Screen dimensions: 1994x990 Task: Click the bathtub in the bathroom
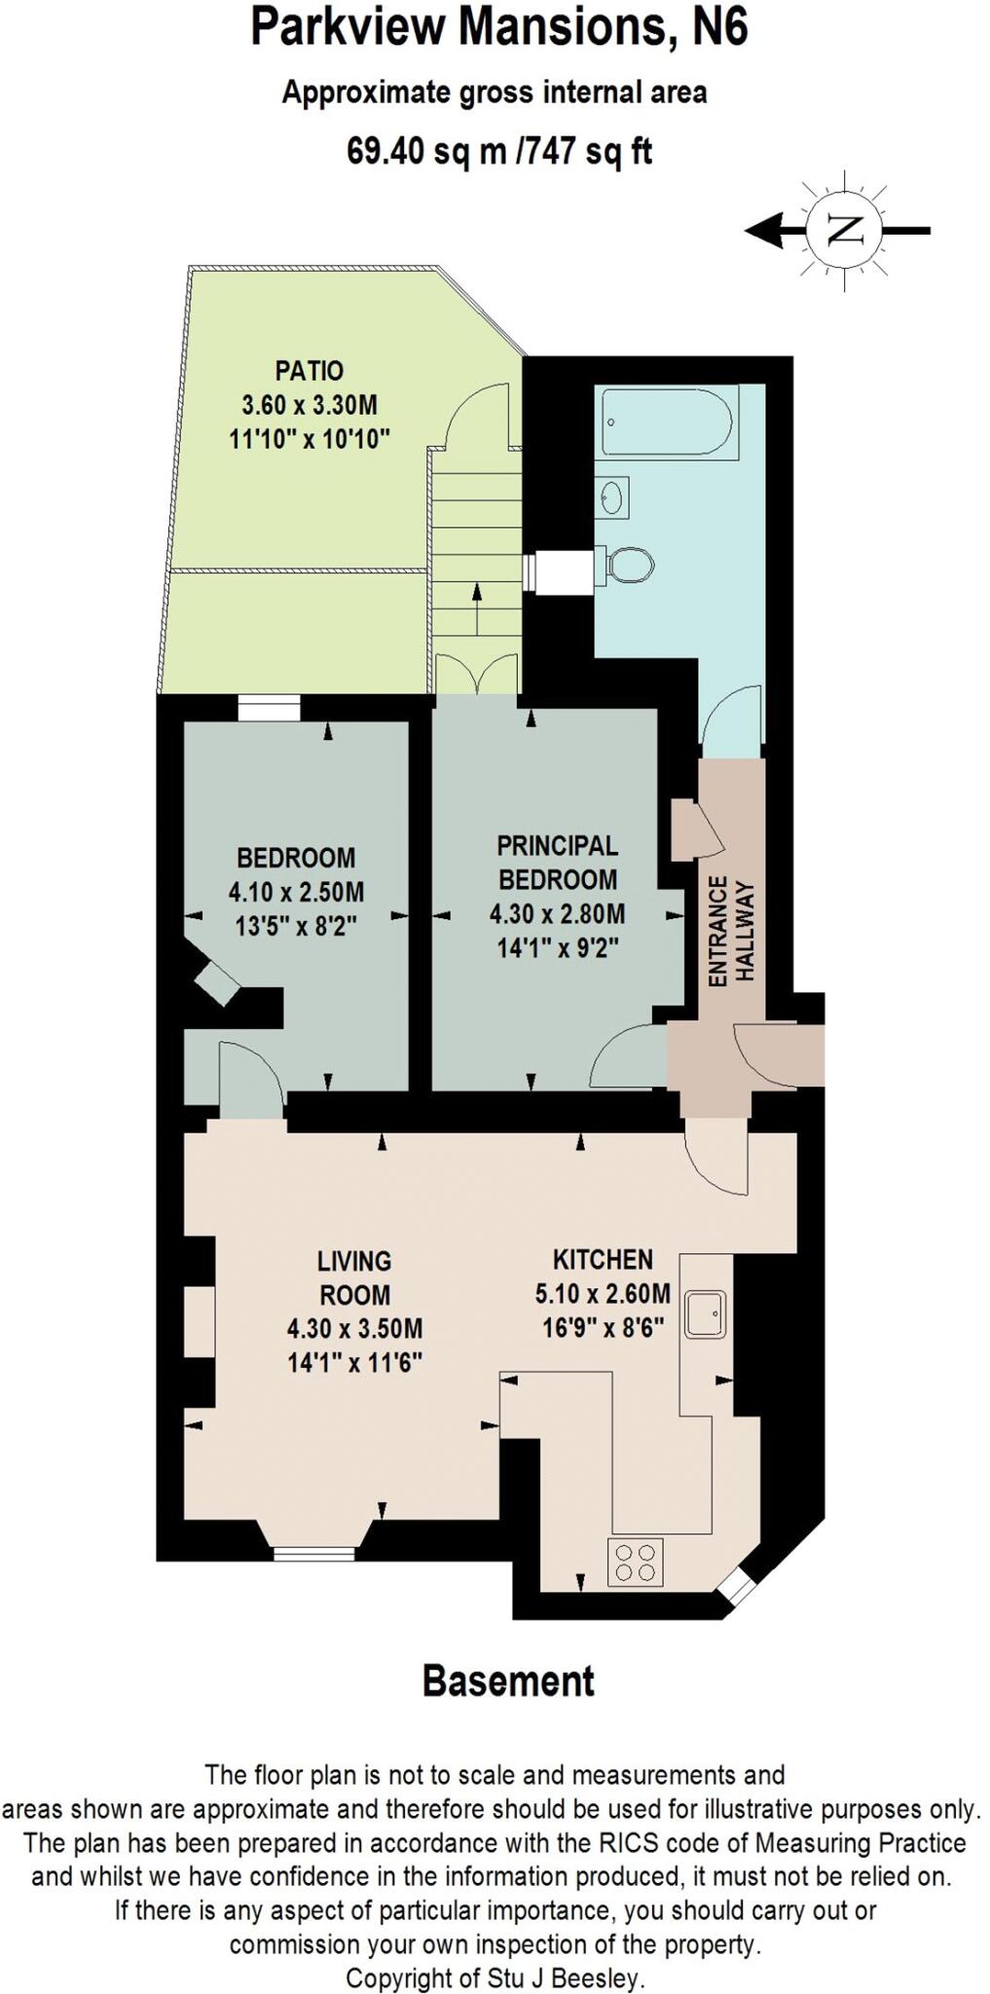click(x=669, y=421)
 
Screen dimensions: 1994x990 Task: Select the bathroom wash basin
click(x=612, y=498)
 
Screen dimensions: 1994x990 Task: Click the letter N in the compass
click(x=845, y=231)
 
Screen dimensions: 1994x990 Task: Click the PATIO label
click(x=310, y=371)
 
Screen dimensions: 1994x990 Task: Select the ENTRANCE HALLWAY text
click(x=731, y=931)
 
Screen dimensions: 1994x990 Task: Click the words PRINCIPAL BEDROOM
click(x=558, y=862)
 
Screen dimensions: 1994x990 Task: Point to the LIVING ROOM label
click(x=354, y=1277)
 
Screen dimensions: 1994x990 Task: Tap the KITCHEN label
click(x=603, y=1259)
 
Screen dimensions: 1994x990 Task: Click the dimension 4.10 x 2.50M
click(x=296, y=891)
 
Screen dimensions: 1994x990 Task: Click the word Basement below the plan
click(x=508, y=1681)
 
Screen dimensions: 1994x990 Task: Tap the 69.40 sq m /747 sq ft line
click(x=499, y=151)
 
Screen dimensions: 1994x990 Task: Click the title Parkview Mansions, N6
click(x=499, y=27)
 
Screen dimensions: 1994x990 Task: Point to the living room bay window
click(x=312, y=1554)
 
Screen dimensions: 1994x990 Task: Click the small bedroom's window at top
click(x=269, y=709)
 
